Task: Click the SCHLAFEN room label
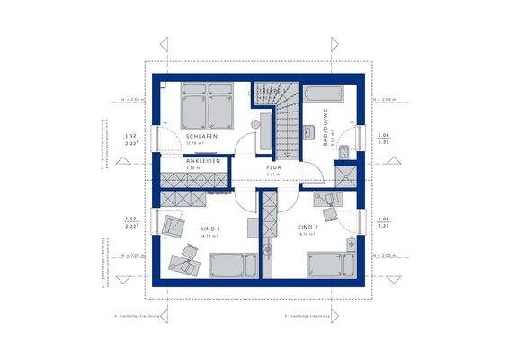pyautogui.click(x=200, y=137)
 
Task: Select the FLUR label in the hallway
pyautogui.click(x=273, y=167)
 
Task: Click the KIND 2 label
pyautogui.click(x=308, y=228)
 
